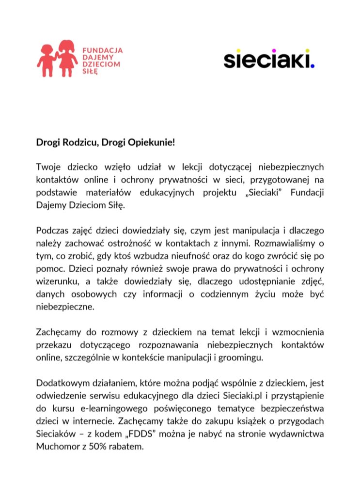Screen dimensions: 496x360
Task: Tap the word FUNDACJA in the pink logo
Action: pos(102,50)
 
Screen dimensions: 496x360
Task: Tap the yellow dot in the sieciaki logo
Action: pos(307,50)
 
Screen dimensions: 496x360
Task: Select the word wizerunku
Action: pos(54,281)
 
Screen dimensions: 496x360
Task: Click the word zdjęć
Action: pos(307,281)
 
